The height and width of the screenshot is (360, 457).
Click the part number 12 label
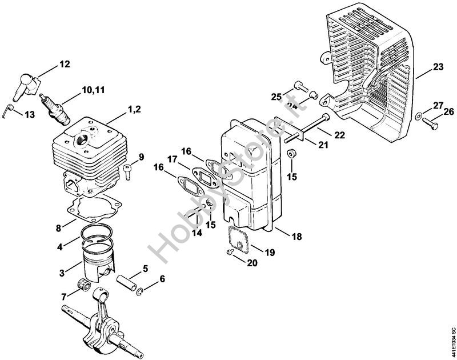tap(64, 64)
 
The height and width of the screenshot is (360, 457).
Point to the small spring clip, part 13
tap(7, 109)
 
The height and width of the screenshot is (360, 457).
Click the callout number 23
tap(438, 67)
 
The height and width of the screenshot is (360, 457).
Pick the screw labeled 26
tap(429, 121)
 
